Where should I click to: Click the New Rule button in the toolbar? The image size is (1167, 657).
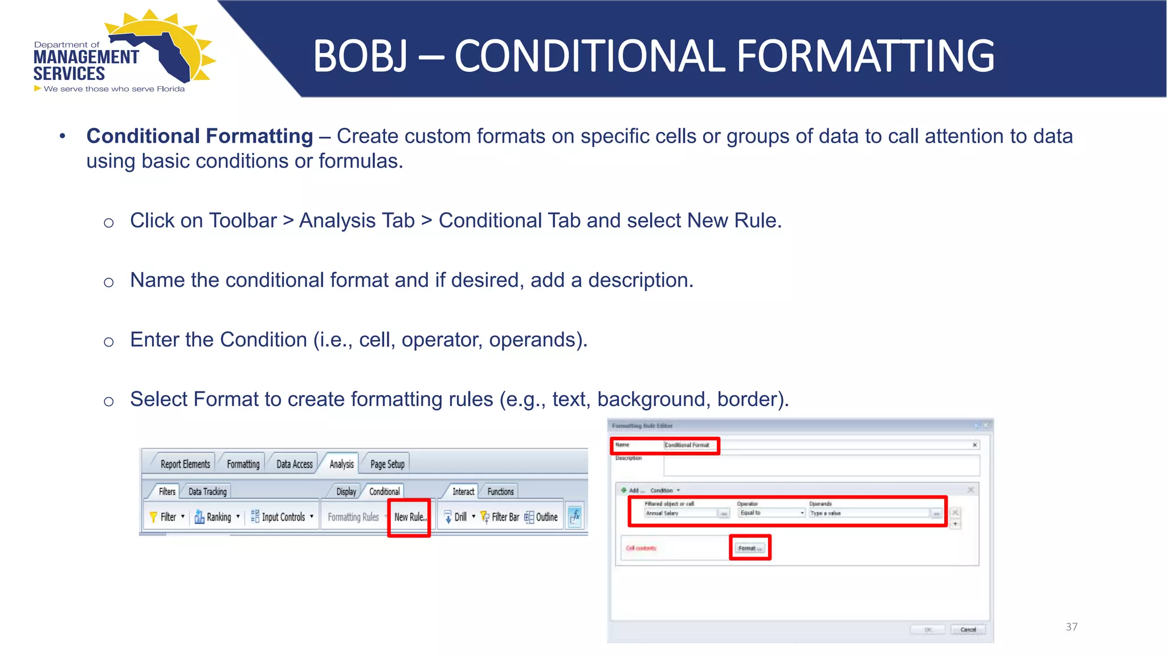click(409, 517)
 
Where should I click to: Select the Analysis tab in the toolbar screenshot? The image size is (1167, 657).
click(341, 464)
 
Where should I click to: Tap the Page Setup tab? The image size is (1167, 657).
click(387, 464)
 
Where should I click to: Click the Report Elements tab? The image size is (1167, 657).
click(185, 464)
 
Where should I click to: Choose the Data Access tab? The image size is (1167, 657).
click(295, 464)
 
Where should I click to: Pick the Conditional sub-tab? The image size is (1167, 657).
click(384, 492)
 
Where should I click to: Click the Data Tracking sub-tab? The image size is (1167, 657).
click(207, 492)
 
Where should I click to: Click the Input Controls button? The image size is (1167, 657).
click(283, 517)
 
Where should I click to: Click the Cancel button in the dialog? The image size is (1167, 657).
click(968, 630)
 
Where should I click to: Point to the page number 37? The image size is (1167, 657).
click(1071, 627)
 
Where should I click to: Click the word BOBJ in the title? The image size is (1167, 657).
click(360, 56)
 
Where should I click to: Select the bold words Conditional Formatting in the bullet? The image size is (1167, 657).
click(199, 136)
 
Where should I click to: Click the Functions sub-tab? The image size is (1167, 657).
click(500, 492)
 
